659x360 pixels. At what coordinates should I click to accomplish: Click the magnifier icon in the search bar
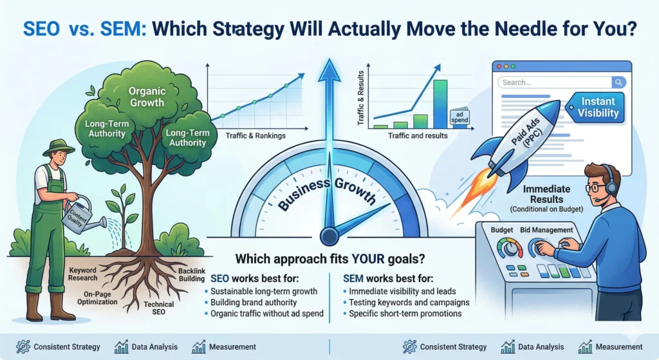click(618, 82)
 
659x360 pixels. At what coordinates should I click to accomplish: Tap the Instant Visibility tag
click(596, 108)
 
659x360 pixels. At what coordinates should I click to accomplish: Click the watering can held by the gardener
click(82, 215)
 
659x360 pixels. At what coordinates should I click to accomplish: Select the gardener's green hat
click(59, 147)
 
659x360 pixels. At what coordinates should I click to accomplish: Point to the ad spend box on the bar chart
click(459, 117)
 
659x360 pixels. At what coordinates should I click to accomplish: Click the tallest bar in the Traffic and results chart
click(440, 104)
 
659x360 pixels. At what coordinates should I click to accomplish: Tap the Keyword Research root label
click(83, 274)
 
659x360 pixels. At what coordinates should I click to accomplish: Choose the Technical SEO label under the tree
click(158, 308)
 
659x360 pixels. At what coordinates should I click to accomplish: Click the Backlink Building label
click(192, 275)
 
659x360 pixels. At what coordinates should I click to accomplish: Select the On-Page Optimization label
click(97, 298)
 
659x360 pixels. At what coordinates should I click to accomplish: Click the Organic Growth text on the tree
click(147, 97)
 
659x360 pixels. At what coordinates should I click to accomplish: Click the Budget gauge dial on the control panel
click(510, 249)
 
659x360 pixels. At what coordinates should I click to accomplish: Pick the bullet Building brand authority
click(254, 303)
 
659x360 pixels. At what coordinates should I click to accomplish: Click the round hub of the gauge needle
click(329, 236)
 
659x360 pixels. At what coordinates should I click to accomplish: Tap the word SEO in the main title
click(41, 29)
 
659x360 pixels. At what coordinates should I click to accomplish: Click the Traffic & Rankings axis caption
click(255, 136)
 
